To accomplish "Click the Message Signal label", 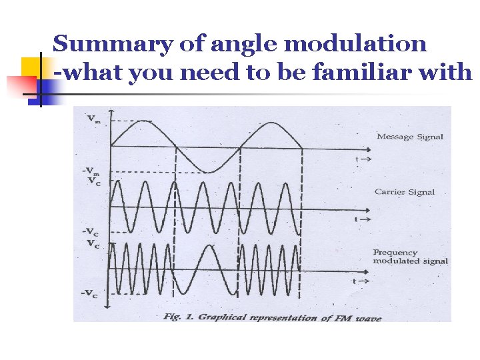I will click(410, 137).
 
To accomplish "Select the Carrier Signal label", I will click(405, 192).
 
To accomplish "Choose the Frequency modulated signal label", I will click(410, 257).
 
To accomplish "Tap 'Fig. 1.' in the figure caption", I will click(177, 317).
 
